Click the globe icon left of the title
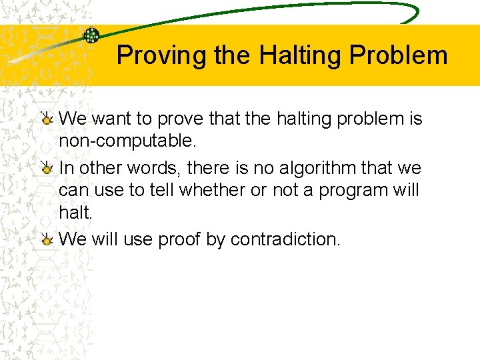coord(91,36)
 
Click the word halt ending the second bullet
coord(73,212)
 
